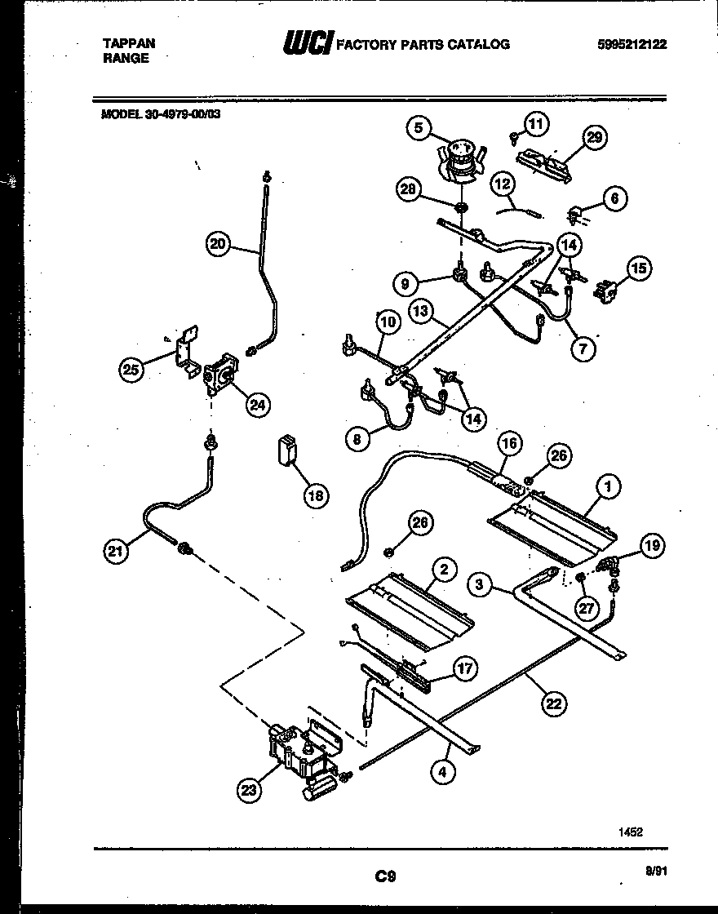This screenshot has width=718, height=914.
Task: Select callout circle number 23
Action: pos(249,788)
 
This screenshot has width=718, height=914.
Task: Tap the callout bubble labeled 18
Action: pos(313,495)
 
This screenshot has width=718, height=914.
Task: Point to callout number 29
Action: pos(594,137)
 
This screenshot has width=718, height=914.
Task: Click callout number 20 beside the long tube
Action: pos(216,242)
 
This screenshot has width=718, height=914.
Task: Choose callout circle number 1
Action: pos(607,486)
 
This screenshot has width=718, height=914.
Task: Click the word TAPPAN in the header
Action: pos(129,43)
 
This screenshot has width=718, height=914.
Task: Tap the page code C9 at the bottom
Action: pos(385,877)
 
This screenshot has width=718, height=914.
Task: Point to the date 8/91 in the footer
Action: pos(654,872)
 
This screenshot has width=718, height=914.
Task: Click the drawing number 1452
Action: pos(630,832)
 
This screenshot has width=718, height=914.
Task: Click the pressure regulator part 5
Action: pos(461,158)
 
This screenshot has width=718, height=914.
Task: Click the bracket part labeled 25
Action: pos(185,348)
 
